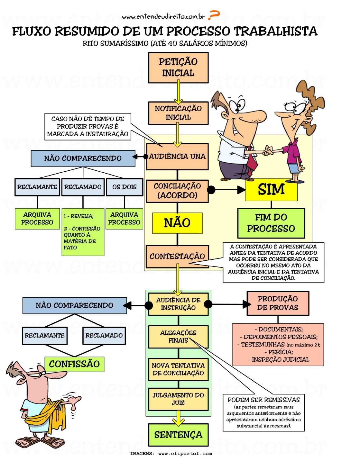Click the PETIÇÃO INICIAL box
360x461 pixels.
tap(178, 68)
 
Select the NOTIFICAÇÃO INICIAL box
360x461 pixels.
tap(178, 113)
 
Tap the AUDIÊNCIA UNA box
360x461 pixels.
tap(177, 157)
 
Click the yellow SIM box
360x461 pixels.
tap(271, 190)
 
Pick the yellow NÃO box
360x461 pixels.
tap(177, 223)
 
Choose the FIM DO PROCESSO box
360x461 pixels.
tap(271, 223)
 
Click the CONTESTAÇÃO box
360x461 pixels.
tap(177, 256)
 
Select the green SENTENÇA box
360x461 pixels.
tap(178, 435)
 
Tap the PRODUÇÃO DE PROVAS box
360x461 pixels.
tap(278, 303)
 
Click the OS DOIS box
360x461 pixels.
tap(125, 187)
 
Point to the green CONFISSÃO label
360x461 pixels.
tap(74, 364)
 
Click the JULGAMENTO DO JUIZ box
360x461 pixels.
tap(178, 399)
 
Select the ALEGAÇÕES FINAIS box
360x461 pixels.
tap(178, 337)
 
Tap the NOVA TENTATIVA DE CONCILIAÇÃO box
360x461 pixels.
tap(178, 369)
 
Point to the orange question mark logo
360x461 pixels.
tap(214, 15)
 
